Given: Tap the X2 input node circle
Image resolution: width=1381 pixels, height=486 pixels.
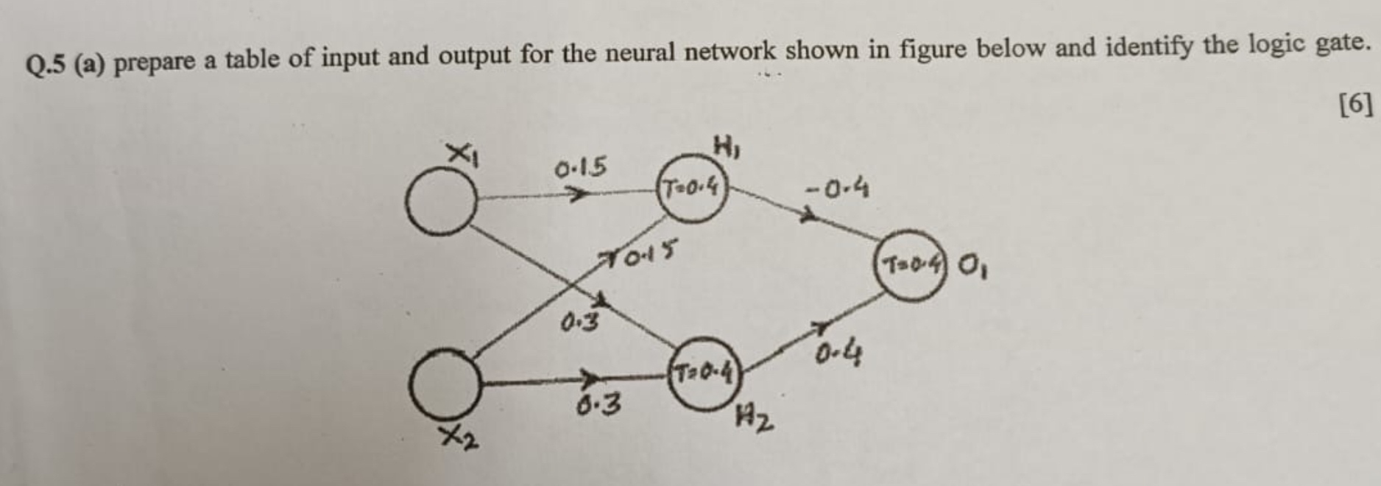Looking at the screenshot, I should [x=446, y=383].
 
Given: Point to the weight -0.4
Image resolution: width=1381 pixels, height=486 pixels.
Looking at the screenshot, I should [x=838, y=190].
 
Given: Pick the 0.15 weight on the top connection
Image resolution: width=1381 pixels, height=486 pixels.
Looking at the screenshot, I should [x=581, y=169].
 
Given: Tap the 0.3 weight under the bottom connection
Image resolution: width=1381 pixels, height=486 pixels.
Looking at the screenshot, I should [x=598, y=404].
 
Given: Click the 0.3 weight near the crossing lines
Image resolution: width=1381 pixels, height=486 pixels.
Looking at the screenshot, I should [x=579, y=322].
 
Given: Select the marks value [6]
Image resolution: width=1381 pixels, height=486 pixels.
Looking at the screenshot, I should [x=1354, y=105].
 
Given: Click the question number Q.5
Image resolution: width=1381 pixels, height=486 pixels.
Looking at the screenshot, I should [x=46, y=66].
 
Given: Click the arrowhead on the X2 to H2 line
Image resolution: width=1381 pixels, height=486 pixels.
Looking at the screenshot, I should [x=590, y=379].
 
